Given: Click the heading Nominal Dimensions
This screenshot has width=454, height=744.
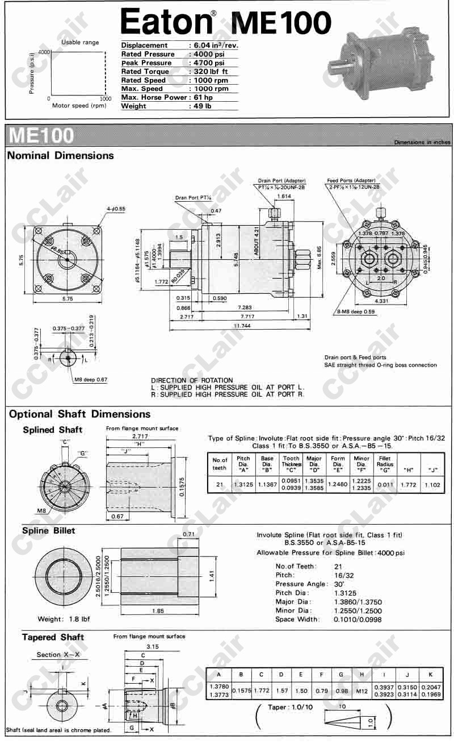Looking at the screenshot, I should click(x=61, y=156).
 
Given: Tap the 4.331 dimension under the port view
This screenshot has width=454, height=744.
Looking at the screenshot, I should click(x=381, y=301).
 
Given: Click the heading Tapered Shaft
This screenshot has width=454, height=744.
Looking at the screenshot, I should click(x=53, y=637).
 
